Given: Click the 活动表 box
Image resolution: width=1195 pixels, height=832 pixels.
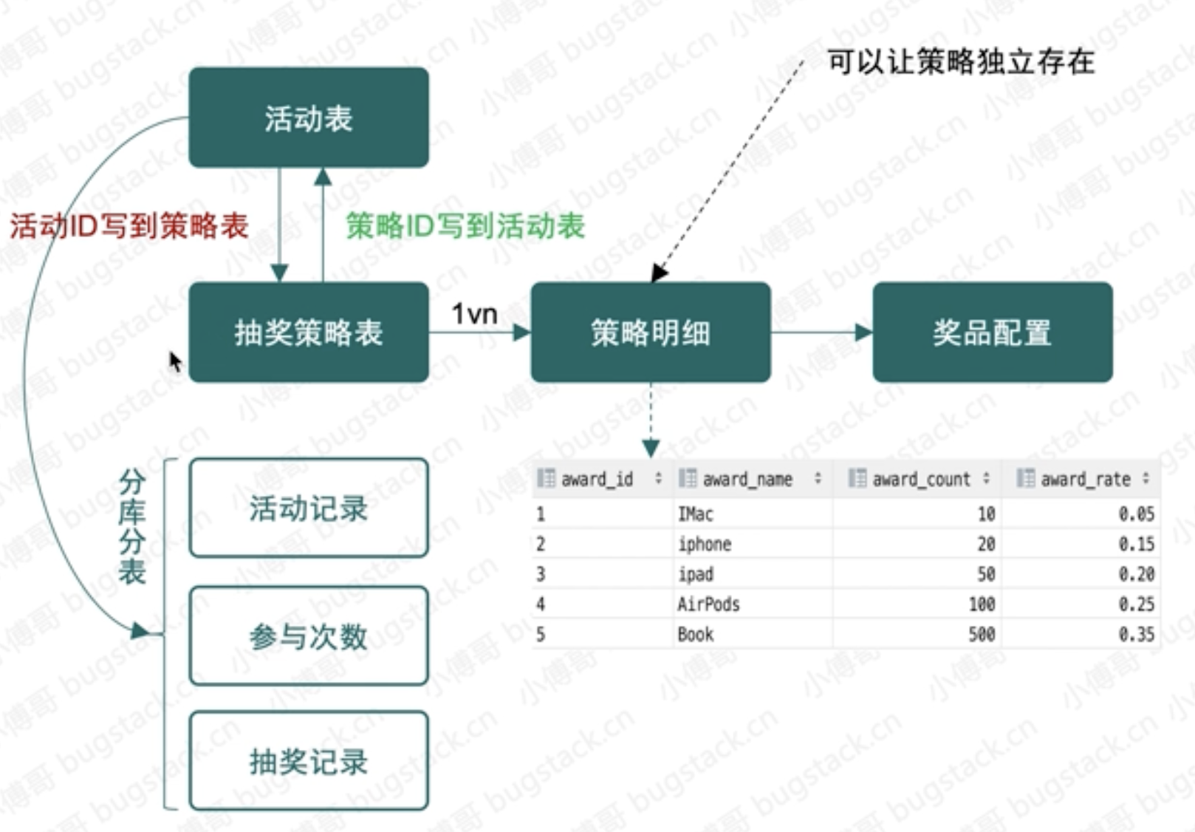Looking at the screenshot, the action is [309, 117].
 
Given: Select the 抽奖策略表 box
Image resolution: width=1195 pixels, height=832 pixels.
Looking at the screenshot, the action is [309, 333].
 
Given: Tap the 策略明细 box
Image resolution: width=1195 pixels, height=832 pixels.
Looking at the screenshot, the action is [651, 333].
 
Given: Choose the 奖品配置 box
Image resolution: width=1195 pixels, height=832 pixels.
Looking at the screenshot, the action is [992, 333].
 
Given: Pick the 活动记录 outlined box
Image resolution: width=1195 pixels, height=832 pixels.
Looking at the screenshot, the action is [309, 508].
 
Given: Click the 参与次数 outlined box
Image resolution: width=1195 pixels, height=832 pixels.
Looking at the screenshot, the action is [309, 636].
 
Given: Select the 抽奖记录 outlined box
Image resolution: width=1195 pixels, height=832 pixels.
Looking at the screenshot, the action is [309, 761].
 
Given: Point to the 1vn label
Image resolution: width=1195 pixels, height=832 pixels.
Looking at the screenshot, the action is [474, 314].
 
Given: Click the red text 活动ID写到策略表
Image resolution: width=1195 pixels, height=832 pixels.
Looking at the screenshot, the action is [129, 226].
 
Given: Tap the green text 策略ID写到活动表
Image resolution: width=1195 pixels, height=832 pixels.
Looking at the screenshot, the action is [465, 226].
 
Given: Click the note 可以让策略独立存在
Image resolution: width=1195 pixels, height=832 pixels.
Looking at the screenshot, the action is [961, 61].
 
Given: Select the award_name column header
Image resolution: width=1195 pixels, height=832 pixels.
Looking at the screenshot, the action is [747, 480].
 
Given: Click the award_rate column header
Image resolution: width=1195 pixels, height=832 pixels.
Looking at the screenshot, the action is [1086, 480].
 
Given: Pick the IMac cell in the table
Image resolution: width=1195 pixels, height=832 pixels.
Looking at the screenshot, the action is [696, 514].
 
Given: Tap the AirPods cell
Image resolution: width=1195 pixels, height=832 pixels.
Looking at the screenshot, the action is [708, 604].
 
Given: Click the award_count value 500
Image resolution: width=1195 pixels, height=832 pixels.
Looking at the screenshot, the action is [982, 635].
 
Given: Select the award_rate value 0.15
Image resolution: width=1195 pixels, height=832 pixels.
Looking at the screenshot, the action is [1136, 544].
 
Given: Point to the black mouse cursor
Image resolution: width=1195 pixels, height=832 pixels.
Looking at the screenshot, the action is [175, 362].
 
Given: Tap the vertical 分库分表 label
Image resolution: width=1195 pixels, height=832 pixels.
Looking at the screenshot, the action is [132, 526].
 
